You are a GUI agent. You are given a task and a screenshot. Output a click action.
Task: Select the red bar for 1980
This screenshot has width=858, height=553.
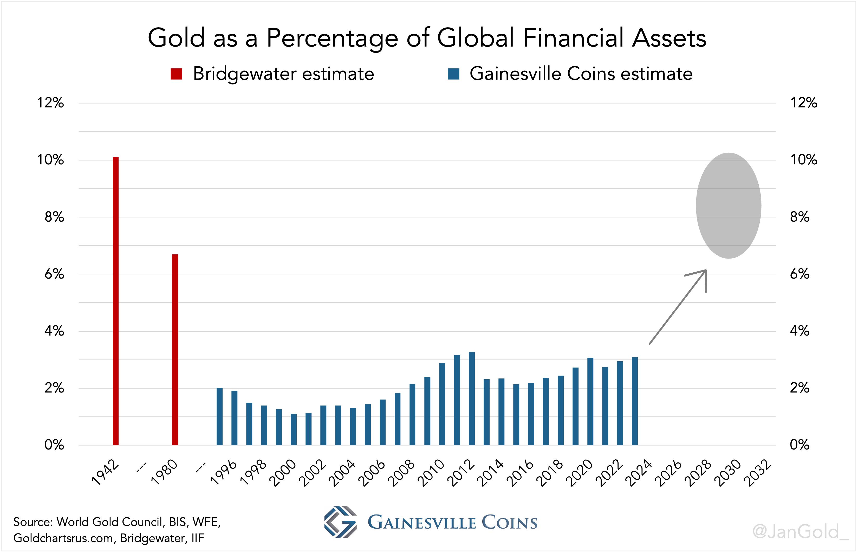pos(175,350)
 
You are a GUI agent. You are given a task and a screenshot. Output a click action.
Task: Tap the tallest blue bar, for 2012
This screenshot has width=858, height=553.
pos(472,398)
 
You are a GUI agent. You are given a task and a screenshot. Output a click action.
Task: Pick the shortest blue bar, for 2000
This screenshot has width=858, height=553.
pos(294,429)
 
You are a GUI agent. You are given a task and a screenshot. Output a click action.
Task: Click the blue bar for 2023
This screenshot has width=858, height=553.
pos(635,401)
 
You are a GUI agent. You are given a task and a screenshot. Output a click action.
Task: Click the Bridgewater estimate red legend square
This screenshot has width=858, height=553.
pos(177,74)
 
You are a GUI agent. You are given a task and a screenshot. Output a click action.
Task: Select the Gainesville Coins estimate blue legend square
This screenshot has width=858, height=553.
pos(454,74)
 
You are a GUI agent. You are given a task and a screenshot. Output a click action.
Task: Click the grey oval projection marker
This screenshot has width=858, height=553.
pos(729,205)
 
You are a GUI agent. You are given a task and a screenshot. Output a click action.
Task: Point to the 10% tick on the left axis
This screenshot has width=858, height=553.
pos(51,160)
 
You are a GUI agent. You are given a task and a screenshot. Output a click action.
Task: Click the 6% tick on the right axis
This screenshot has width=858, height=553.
pos(799,274)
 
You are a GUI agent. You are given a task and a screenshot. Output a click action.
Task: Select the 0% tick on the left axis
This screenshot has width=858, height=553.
pos(54,445)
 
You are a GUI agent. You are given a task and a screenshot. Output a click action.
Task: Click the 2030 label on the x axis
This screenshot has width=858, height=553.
pos(728,473)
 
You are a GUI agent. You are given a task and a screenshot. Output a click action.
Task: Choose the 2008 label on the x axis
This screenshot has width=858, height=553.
pos(402,473)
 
